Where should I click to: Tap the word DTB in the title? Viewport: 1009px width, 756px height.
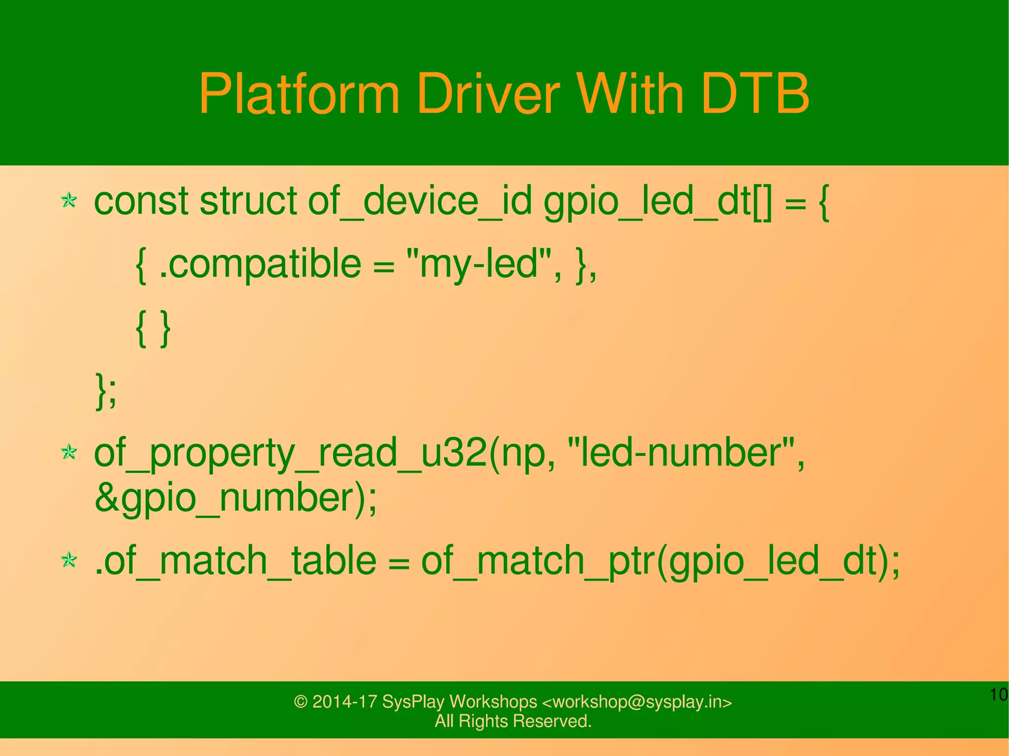[x=755, y=94]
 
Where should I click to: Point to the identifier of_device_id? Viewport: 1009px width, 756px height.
[x=420, y=202]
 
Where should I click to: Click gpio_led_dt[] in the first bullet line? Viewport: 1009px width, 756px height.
[x=658, y=202]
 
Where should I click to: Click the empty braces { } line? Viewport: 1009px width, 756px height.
[x=153, y=328]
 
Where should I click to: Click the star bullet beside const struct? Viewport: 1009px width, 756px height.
[x=69, y=200]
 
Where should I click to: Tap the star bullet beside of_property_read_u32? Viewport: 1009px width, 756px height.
[x=69, y=452]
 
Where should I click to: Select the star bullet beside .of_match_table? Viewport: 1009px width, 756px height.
[x=69, y=560]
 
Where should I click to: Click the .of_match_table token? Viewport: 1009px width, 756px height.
[x=235, y=561]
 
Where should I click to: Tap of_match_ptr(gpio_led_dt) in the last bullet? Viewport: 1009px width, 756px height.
[x=655, y=561]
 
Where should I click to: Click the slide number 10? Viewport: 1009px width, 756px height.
[x=999, y=695]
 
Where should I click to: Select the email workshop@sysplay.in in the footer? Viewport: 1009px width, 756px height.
[x=637, y=702]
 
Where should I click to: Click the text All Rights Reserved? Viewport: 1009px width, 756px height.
[x=513, y=721]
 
